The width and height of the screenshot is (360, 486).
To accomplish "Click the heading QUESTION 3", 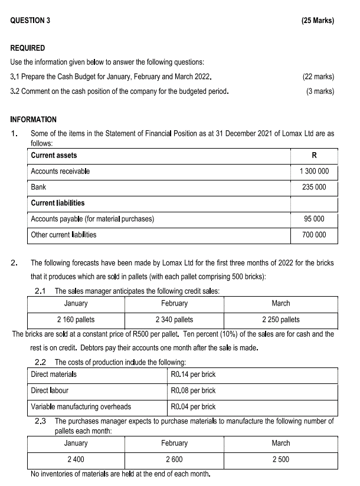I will [x=30, y=21].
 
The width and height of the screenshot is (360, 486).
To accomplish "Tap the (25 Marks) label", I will [x=317, y=21].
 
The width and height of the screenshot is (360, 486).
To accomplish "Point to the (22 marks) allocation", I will [x=318, y=77].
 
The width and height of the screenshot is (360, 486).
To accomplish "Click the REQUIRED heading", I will [x=27, y=48].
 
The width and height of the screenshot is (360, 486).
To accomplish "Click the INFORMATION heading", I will [x=33, y=119].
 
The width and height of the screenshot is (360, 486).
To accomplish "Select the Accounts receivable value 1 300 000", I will [x=314, y=171].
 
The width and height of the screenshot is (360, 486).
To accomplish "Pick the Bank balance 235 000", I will [x=314, y=187].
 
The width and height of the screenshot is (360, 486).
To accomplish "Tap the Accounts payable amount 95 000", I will [x=314, y=219].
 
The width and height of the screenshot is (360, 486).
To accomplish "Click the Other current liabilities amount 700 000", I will [x=314, y=235].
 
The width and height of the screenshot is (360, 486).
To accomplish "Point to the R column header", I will [x=314, y=155].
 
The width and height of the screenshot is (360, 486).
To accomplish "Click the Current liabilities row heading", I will [x=57, y=203].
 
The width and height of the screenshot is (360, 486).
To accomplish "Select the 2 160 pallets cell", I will [x=76, y=320].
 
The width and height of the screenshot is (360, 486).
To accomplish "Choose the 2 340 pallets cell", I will [x=174, y=320].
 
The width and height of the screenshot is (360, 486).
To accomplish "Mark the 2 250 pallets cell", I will [x=280, y=320].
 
